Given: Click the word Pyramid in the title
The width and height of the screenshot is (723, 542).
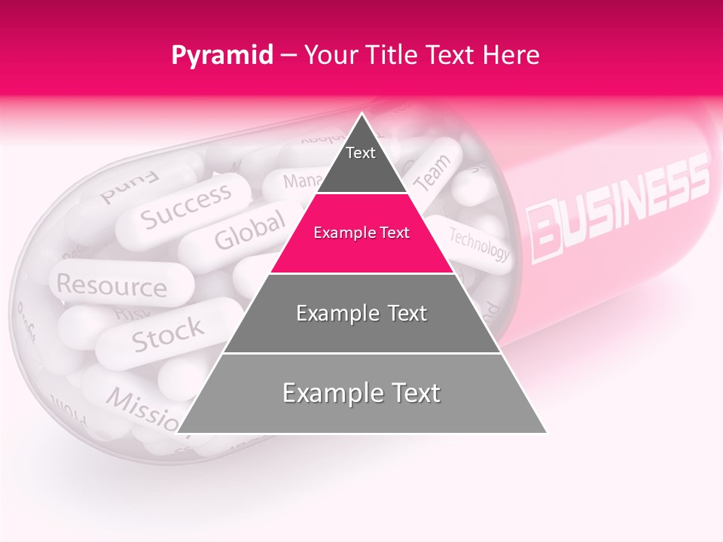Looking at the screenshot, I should [x=222, y=56].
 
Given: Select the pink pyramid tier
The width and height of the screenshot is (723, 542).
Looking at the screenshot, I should [x=361, y=233].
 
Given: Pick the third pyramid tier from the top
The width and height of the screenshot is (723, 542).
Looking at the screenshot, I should [x=361, y=313].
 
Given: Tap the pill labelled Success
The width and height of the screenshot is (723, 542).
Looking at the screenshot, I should [x=186, y=206].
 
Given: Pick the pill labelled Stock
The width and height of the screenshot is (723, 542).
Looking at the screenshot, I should [x=167, y=333].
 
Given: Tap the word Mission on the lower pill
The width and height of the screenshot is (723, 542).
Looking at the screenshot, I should [x=143, y=407].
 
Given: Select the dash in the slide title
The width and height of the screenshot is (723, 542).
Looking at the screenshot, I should [x=288, y=56].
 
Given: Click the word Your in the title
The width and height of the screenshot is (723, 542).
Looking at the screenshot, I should [x=329, y=55].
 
